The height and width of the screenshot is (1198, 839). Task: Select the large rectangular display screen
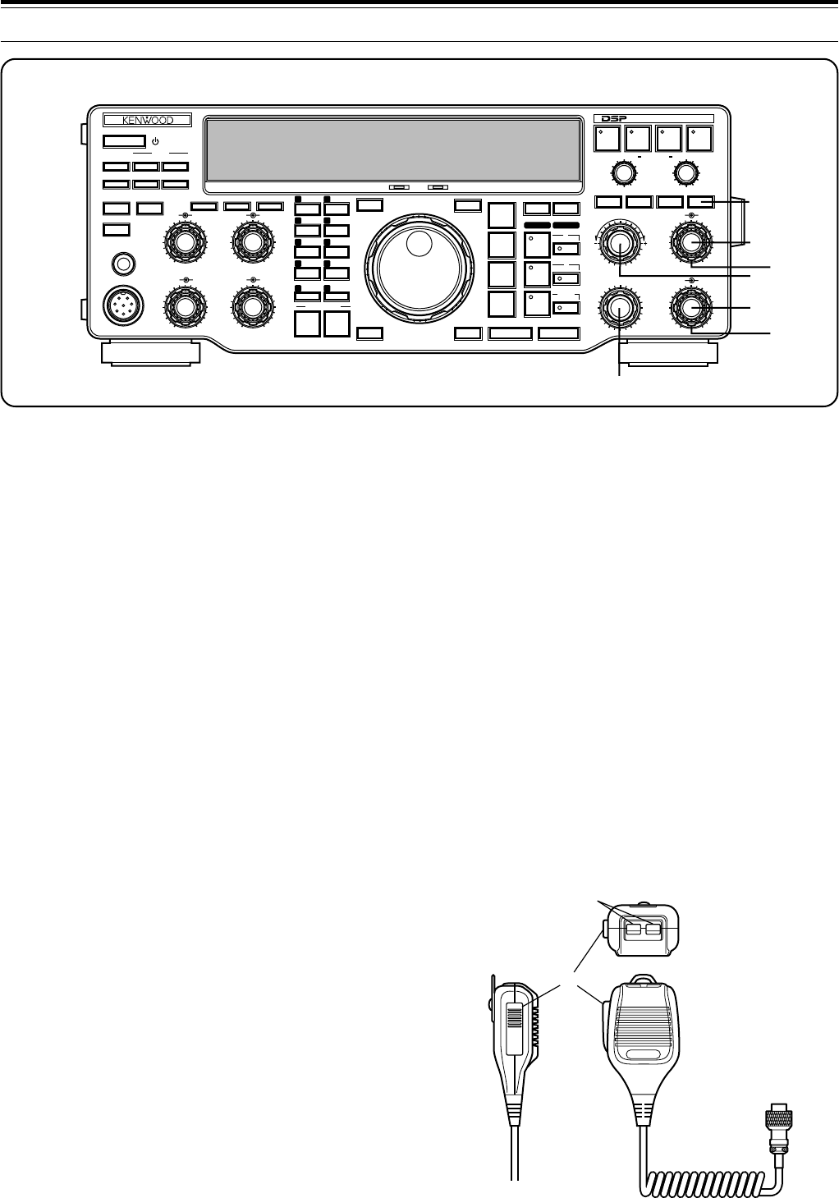point(393,151)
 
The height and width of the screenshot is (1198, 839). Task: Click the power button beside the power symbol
point(124,141)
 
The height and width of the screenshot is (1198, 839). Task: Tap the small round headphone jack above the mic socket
point(121,264)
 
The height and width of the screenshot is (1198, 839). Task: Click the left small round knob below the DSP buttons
point(622,172)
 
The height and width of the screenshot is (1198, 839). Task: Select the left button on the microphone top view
point(634,929)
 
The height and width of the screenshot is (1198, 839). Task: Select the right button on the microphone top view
point(653,929)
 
